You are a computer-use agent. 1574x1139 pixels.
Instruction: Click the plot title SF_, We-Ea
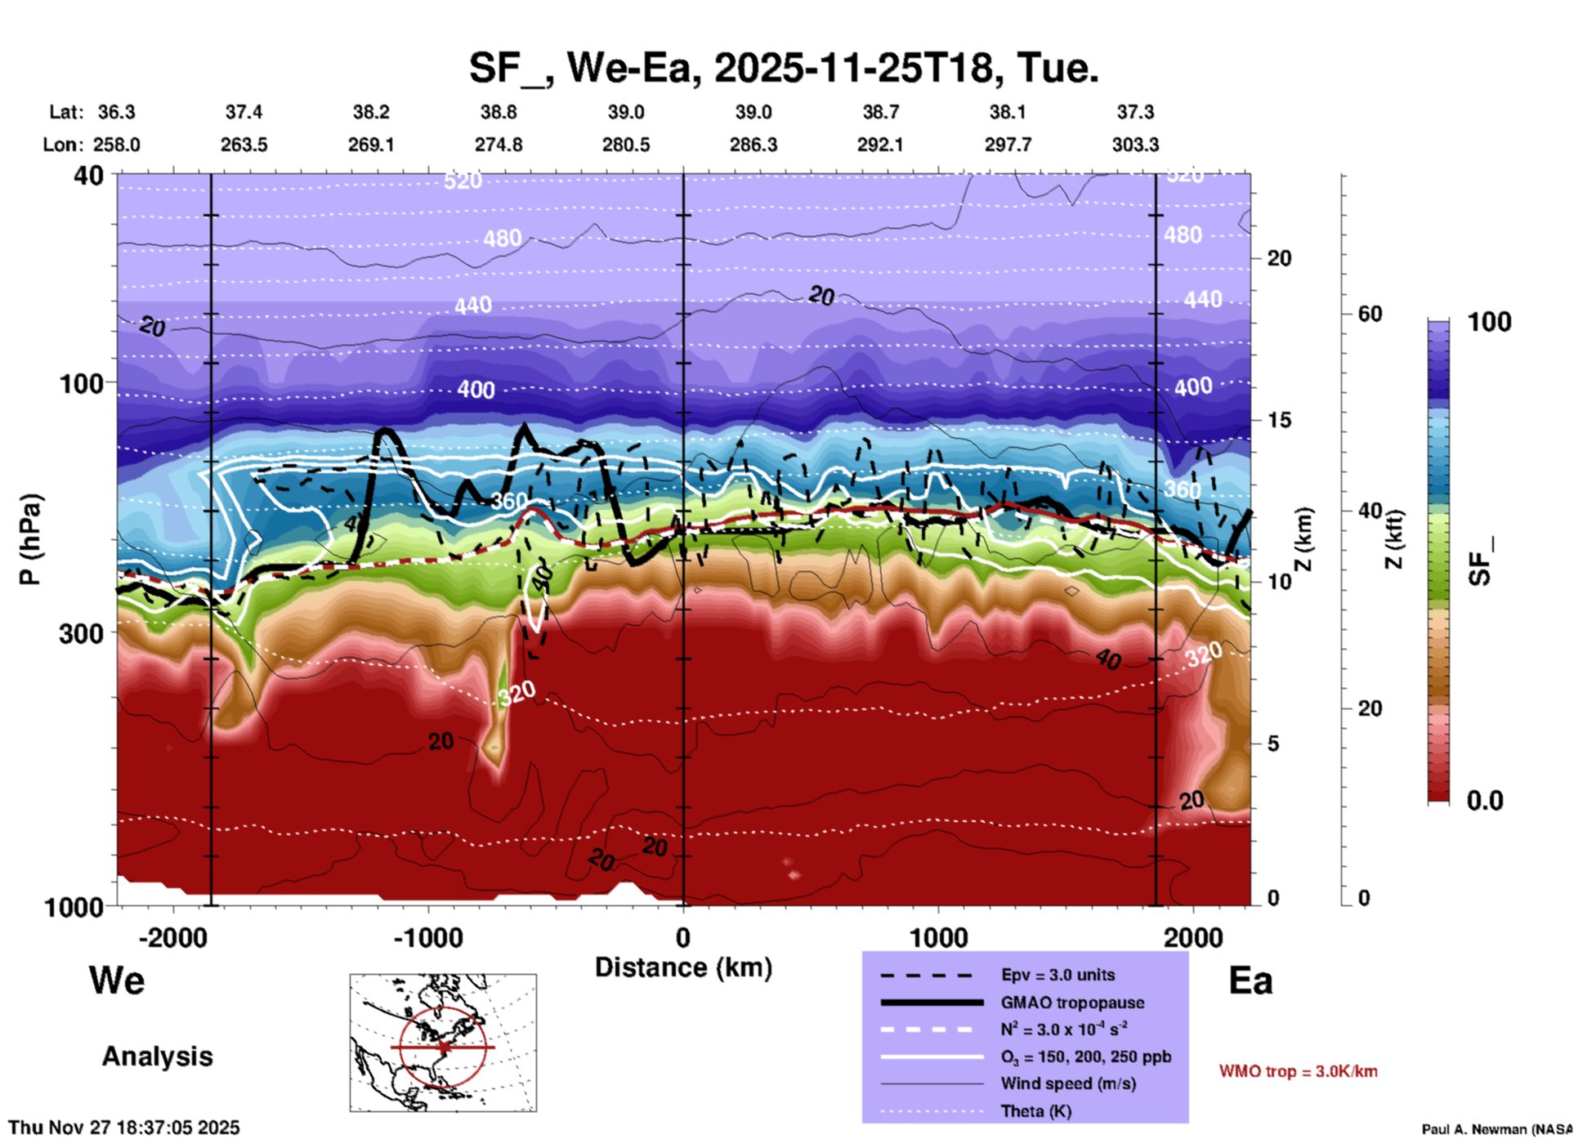(783, 68)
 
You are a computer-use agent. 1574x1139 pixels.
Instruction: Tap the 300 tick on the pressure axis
(81, 633)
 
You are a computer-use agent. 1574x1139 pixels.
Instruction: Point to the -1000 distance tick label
(427, 937)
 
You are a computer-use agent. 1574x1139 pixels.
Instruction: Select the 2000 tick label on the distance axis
(1193, 937)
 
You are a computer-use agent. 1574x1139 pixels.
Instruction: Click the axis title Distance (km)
(683, 967)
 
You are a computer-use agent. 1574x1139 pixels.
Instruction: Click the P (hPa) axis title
(30, 539)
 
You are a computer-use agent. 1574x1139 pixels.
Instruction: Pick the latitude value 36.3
(116, 112)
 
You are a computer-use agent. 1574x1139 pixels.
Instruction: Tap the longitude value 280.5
(626, 145)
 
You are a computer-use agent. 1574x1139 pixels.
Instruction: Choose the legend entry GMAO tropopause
(1071, 1003)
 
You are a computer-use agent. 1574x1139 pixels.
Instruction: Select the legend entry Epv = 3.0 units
(1058, 975)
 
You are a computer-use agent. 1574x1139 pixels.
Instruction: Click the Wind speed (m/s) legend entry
(1068, 1083)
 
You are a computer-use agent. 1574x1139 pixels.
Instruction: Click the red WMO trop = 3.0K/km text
(1298, 1071)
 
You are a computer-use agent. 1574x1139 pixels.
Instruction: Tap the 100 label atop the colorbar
(1489, 322)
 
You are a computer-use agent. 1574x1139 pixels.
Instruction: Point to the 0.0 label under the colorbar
(1485, 801)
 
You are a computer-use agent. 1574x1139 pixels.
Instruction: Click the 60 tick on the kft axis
(1370, 314)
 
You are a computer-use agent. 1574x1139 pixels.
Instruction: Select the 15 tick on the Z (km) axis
(1279, 420)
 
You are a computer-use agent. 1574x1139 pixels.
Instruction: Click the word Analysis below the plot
(157, 1056)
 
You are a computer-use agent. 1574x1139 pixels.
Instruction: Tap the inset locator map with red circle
(443, 1042)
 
